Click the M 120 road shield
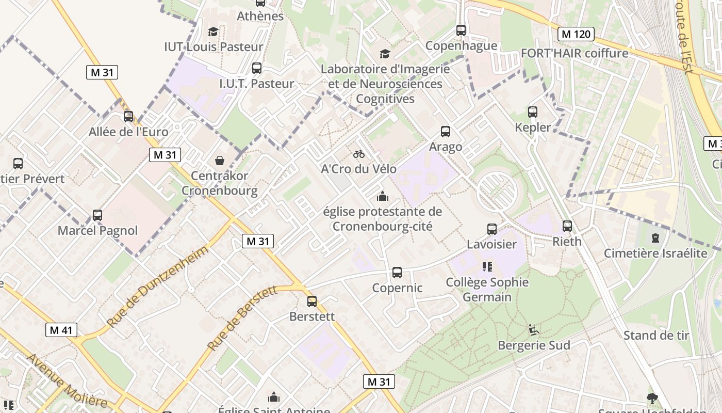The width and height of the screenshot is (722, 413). (x=576, y=35)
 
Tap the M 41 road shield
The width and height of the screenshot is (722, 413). (x=61, y=330)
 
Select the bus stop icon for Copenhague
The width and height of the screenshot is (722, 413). (x=461, y=30)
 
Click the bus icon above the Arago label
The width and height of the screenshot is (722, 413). (x=446, y=132)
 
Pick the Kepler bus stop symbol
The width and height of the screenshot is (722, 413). (x=533, y=112)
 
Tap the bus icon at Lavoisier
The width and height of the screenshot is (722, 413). (x=492, y=229)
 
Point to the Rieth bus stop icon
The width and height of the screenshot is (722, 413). (x=567, y=226)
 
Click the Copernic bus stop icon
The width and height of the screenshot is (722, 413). (x=397, y=273)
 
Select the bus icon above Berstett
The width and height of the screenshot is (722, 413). (x=312, y=301)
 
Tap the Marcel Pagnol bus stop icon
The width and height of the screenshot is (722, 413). (x=97, y=215)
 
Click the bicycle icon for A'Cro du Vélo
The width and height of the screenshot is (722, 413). (x=359, y=154)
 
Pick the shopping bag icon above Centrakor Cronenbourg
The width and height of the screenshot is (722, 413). (x=220, y=161)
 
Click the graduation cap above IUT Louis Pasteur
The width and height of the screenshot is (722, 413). (x=213, y=32)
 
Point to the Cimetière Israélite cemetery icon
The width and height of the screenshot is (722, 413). (x=655, y=238)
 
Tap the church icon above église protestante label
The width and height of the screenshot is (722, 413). (x=382, y=196)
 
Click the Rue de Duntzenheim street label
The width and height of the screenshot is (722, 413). (x=158, y=285)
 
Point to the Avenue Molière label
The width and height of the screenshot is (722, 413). (x=67, y=380)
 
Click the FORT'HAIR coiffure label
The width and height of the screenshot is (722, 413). (x=575, y=53)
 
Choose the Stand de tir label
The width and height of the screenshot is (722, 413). (x=656, y=336)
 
